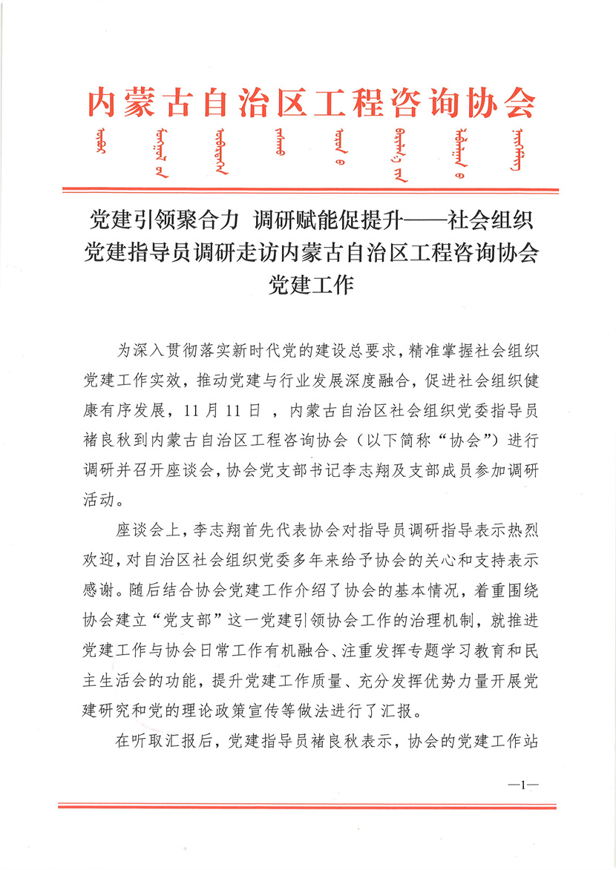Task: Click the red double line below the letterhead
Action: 308,191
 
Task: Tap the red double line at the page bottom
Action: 308,805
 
